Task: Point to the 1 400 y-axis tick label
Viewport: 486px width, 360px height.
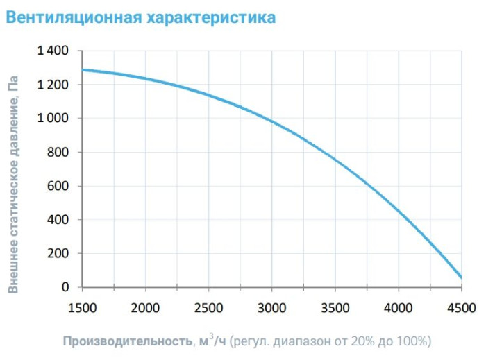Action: tap(53, 51)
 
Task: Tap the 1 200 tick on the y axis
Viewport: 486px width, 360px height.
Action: tap(53, 85)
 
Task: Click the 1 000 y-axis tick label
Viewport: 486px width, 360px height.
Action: tap(53, 119)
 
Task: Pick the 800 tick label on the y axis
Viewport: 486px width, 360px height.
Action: tap(59, 152)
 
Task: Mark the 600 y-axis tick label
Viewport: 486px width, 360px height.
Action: tap(59, 186)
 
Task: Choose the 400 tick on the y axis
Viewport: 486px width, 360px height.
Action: tap(59, 220)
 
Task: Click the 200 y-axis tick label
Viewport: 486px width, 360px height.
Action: tap(59, 253)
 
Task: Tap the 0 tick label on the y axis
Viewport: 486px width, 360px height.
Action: tap(66, 287)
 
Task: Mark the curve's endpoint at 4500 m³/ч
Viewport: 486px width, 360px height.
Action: tap(461, 277)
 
